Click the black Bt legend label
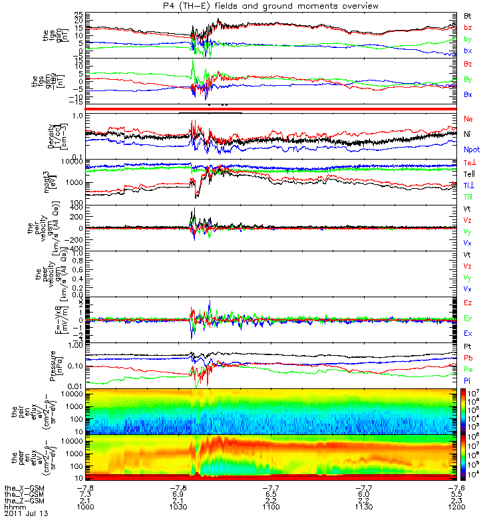click(468, 15)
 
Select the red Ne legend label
click(468, 118)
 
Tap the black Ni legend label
click(468, 134)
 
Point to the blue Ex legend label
click(468, 332)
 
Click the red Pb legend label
click(468, 358)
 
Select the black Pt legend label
click(468, 348)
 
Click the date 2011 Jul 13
click(27, 514)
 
